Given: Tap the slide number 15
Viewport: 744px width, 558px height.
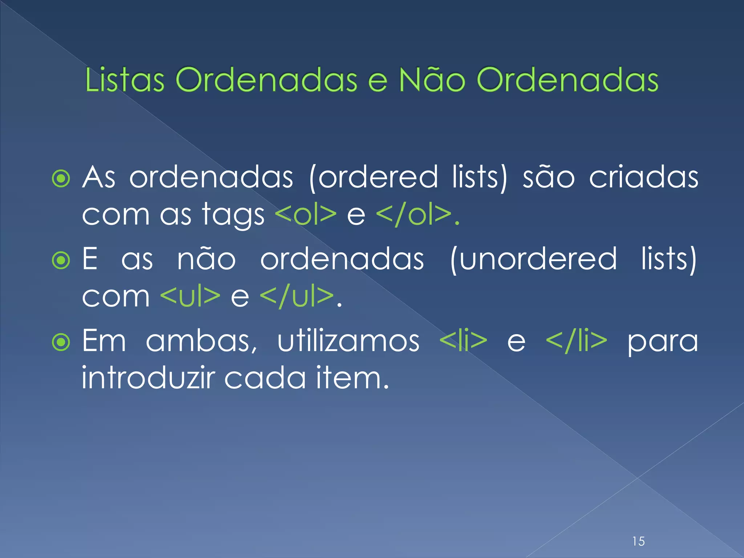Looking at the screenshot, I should [638, 541].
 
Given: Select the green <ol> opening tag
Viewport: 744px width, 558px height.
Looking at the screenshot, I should [306, 215].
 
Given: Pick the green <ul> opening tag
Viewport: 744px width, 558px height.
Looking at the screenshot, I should [190, 296].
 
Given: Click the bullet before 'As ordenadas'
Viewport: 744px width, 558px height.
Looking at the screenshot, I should [61, 178].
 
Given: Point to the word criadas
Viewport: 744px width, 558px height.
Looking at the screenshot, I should [643, 178].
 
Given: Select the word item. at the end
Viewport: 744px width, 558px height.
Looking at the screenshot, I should [352, 378].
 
